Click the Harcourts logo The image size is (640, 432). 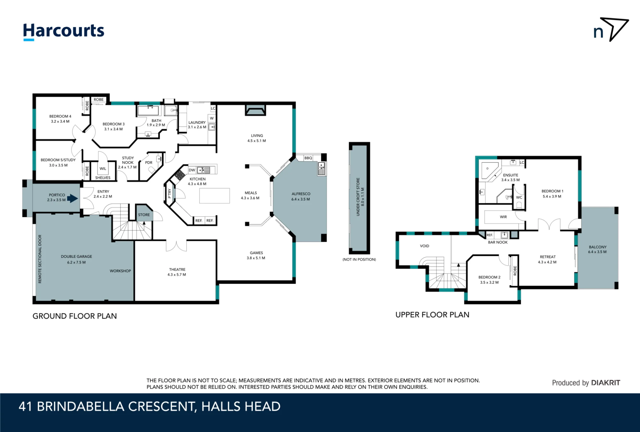click(x=64, y=32)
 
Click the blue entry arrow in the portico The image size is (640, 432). click(x=73, y=199)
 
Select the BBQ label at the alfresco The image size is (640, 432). click(x=308, y=158)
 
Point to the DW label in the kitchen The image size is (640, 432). click(x=192, y=170)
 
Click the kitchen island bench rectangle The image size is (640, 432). click(x=214, y=196)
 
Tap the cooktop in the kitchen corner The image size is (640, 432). click(x=180, y=175)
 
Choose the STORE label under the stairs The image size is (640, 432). click(x=144, y=215)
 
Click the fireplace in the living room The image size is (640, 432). click(x=255, y=110)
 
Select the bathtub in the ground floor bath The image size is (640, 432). click(x=148, y=111)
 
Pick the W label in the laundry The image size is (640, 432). click(x=212, y=118)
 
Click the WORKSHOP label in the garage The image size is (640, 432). click(x=120, y=271)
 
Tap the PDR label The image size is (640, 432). click(x=149, y=162)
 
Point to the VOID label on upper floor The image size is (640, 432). click(x=425, y=246)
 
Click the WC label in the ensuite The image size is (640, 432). click(x=519, y=197)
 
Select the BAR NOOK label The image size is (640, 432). click(x=498, y=242)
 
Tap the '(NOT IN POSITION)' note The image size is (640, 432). click(x=359, y=260)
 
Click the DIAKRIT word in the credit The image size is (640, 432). click(x=605, y=383)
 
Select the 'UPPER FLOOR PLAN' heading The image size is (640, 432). click(x=432, y=315)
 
